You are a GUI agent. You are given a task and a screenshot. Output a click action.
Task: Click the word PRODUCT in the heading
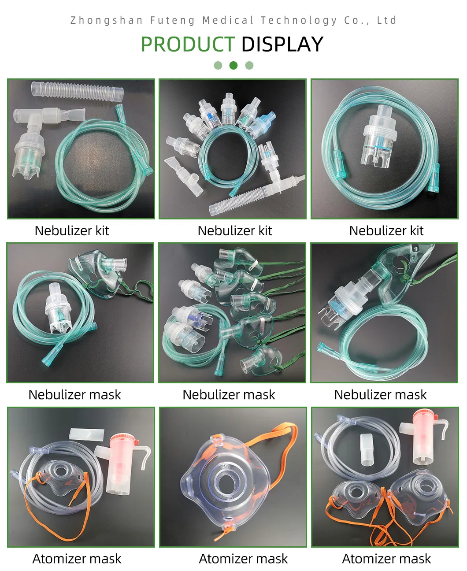(x=187, y=44)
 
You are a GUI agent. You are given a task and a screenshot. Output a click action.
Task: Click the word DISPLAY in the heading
(x=282, y=44)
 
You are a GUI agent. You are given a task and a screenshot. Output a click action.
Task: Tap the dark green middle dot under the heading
(x=233, y=66)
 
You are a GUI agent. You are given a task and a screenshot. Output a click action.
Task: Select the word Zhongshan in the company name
(x=107, y=20)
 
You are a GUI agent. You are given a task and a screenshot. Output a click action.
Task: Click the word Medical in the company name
(x=228, y=20)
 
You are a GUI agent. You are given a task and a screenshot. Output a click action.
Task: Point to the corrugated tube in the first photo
(x=78, y=91)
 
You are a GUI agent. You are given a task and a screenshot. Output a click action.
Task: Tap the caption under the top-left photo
(x=72, y=231)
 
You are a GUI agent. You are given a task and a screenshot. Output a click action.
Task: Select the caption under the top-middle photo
(x=235, y=231)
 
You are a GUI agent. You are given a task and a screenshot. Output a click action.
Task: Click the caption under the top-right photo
(x=386, y=231)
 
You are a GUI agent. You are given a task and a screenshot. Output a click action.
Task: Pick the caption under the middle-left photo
(x=74, y=395)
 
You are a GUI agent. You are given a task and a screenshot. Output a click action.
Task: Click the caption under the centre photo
(x=229, y=395)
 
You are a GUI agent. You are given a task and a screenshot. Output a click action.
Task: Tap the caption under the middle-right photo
(x=380, y=395)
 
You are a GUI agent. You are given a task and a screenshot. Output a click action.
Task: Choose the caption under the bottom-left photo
(x=77, y=559)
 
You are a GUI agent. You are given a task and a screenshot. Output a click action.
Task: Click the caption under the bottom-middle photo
(x=243, y=559)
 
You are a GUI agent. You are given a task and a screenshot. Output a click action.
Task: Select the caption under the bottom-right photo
(x=386, y=559)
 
